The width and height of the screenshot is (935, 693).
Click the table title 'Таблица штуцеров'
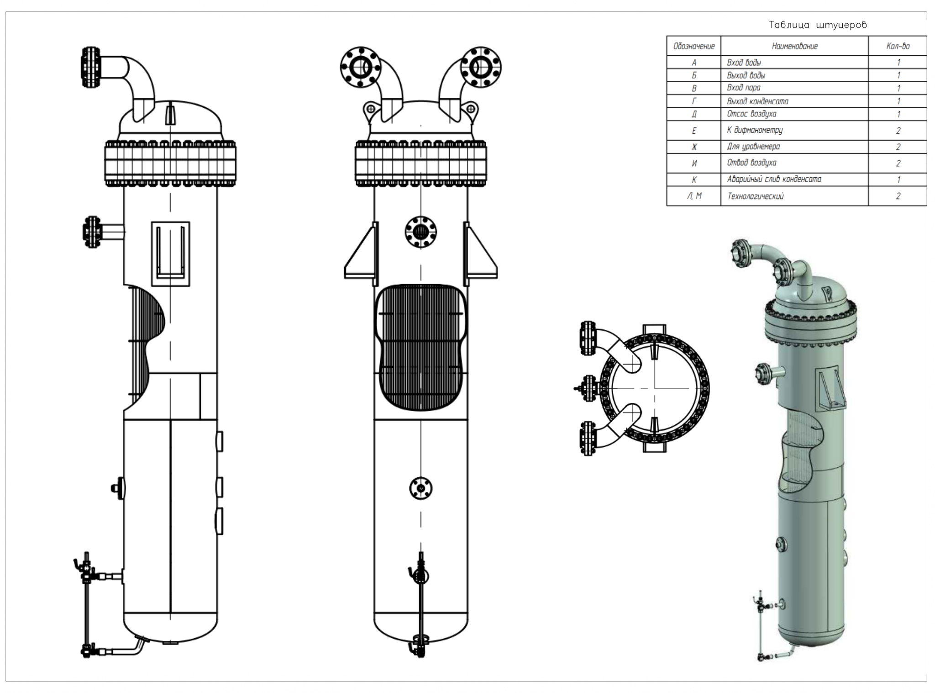(x=817, y=25)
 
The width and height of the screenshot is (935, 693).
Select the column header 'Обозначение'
(x=693, y=46)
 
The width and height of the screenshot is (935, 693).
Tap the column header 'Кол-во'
(x=898, y=46)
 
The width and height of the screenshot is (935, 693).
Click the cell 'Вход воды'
(x=744, y=63)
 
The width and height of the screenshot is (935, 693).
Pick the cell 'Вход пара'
(x=744, y=88)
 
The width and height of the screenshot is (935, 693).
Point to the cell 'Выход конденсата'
(x=757, y=101)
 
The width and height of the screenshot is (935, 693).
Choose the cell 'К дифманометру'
(x=755, y=130)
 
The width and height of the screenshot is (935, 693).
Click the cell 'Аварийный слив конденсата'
(x=774, y=179)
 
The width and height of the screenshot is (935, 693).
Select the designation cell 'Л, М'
(x=694, y=196)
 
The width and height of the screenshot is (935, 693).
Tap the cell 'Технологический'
(x=755, y=196)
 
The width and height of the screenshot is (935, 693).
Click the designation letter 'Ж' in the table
(x=694, y=147)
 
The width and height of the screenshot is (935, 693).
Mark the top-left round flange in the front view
(x=360, y=67)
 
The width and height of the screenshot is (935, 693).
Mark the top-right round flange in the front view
(x=481, y=67)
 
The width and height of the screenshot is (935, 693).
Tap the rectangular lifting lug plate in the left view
(x=170, y=254)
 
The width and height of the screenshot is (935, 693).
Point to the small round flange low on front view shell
(x=420, y=488)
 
